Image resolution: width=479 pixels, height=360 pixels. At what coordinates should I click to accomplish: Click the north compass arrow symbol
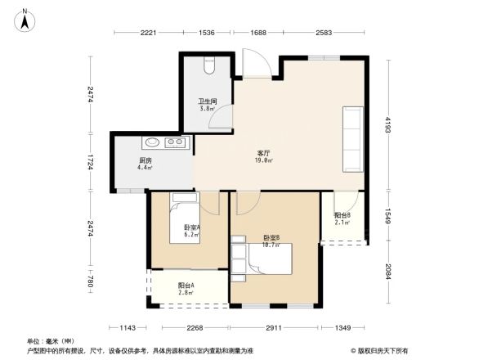click(25, 19)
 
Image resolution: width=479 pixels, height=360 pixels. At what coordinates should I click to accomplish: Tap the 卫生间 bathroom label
click(207, 101)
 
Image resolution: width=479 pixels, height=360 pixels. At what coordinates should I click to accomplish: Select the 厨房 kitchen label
click(145, 160)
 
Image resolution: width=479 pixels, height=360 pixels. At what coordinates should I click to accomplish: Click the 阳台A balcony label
click(186, 285)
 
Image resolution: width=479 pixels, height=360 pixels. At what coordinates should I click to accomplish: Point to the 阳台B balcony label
click(342, 215)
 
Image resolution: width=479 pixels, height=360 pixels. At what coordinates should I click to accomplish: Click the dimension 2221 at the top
click(148, 33)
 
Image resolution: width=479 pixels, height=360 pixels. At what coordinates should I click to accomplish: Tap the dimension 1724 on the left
click(92, 162)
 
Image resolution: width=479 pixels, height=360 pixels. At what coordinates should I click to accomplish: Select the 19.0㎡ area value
click(263, 161)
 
